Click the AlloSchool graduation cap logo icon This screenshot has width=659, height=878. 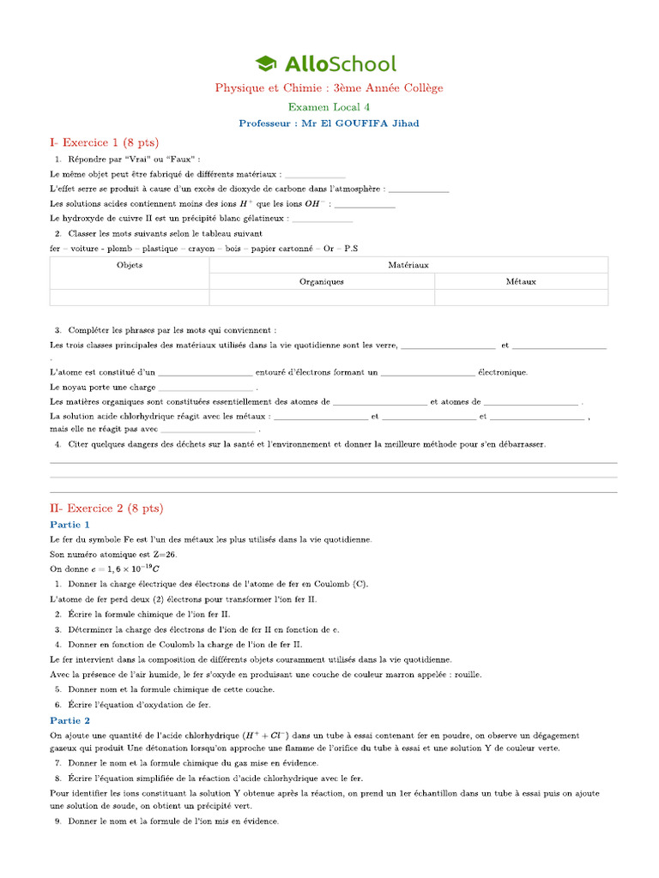[x=266, y=63]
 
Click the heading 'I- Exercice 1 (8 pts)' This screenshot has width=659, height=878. [x=105, y=142]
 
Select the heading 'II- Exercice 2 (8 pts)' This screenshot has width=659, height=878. [x=106, y=508]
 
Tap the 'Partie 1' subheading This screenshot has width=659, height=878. [x=70, y=524]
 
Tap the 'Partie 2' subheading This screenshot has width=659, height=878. [x=70, y=720]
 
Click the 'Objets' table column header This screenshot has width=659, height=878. [x=130, y=265]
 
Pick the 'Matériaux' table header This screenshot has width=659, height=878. [x=408, y=265]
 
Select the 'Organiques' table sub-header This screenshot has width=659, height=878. [x=322, y=281]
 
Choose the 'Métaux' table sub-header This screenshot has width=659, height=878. [x=521, y=281]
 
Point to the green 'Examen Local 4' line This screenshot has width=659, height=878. [x=329, y=107]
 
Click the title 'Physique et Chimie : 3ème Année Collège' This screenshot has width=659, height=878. [x=329, y=88]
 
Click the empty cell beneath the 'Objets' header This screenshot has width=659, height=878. [x=130, y=297]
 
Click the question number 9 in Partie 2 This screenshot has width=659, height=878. [x=57, y=822]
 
